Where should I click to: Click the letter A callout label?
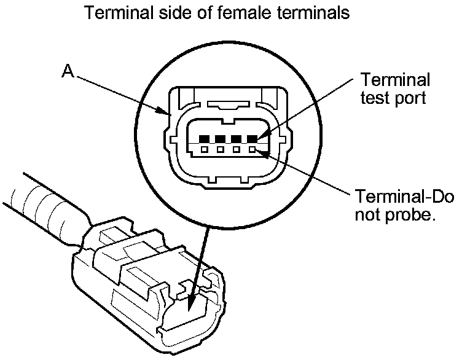68,72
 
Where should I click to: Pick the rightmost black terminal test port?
253,138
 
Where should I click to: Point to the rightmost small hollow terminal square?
253,149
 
